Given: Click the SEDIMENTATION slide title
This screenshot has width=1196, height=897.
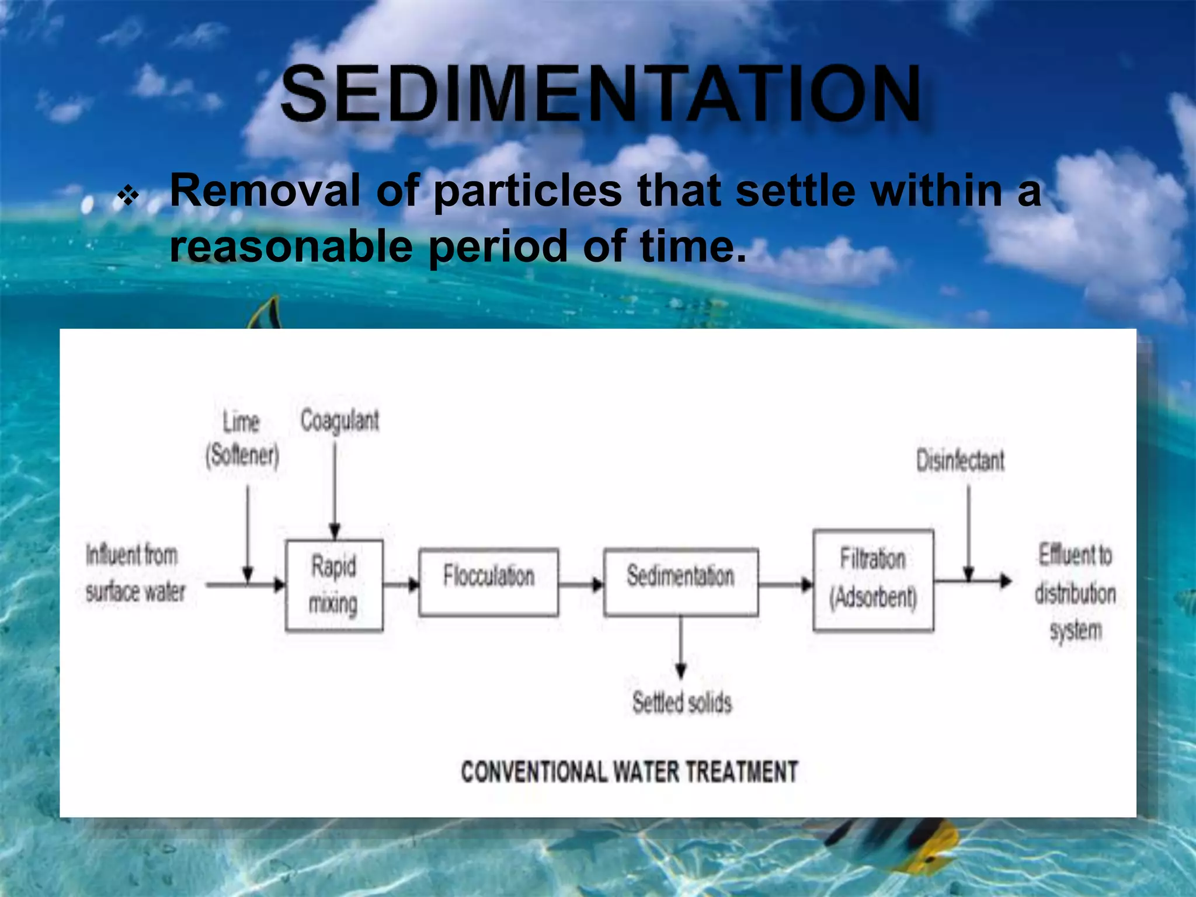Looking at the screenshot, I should pyautogui.click(x=602, y=95).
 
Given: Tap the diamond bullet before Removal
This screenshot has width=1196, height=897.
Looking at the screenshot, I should pyautogui.click(x=128, y=196).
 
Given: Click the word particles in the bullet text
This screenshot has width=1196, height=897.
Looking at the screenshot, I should pyautogui.click(x=527, y=191).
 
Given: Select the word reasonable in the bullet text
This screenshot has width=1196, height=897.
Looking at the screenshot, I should pyautogui.click(x=291, y=246).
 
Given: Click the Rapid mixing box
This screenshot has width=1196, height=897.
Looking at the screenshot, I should pyautogui.click(x=334, y=585).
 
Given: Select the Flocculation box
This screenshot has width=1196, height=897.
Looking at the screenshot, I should pyautogui.click(x=488, y=582).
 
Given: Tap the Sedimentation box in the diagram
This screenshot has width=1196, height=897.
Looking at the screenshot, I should pyautogui.click(x=681, y=582).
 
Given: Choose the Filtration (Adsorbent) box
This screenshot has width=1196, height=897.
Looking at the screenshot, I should pyautogui.click(x=873, y=580).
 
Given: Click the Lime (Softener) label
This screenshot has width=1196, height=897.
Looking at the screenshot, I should pyautogui.click(x=242, y=437).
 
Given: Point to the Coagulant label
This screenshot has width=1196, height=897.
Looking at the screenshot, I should pyautogui.click(x=340, y=420).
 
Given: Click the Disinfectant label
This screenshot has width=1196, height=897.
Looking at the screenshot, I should pyautogui.click(x=960, y=460).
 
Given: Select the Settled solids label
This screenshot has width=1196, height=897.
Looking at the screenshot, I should pyautogui.click(x=682, y=702).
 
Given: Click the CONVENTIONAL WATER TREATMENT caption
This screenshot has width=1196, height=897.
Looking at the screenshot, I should pyautogui.click(x=629, y=771).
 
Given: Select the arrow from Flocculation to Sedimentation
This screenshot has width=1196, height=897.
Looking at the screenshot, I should pyautogui.click(x=580, y=584).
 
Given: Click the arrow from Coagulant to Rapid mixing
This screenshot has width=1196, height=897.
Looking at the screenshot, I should pyautogui.click(x=335, y=491).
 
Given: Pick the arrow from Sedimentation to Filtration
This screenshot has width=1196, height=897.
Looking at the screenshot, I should pyautogui.click(x=785, y=584).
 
